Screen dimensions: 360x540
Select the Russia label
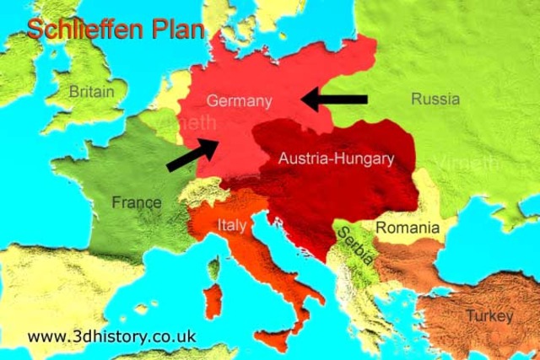tap(435, 99)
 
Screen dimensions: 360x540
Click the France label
tap(136, 202)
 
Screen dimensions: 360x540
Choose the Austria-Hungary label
tap(336, 158)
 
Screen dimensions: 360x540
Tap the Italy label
tap(232, 225)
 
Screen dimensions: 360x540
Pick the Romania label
tap(408, 228)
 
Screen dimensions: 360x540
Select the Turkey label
tap(489, 316)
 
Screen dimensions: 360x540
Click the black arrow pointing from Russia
tap(335, 99)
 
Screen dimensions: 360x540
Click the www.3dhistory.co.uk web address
tap(111, 336)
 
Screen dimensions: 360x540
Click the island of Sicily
tap(272, 341)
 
